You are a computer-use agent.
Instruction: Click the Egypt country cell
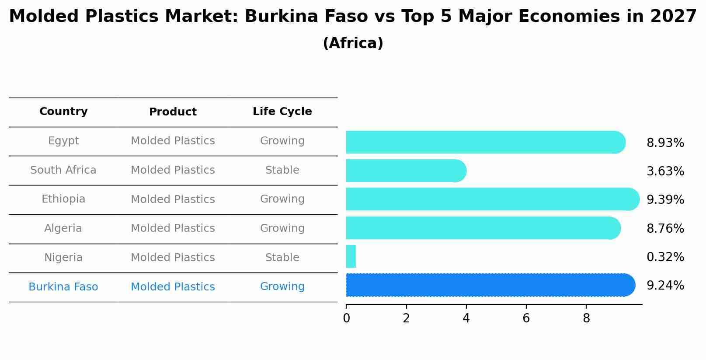tap(63, 141)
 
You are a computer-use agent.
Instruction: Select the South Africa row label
tap(63, 170)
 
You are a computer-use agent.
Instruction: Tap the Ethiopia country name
tap(63, 199)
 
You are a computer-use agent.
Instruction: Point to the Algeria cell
tap(63, 228)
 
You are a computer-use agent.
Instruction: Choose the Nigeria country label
tap(63, 258)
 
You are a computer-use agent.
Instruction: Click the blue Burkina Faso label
tap(63, 287)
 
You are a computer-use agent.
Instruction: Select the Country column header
tap(63, 112)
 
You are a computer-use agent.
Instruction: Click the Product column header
tap(173, 112)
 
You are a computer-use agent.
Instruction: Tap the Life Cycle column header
tap(282, 112)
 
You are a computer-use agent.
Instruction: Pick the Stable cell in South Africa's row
tap(282, 170)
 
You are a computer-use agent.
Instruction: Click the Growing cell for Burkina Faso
tap(282, 287)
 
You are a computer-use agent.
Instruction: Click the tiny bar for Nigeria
tap(351, 256)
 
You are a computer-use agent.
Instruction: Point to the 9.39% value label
tap(665, 200)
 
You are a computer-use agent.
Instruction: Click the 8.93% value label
tap(665, 143)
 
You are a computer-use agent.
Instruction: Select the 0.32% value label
tap(665, 257)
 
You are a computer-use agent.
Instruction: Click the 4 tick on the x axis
tap(466, 318)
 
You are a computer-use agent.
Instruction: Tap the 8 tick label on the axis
tap(586, 318)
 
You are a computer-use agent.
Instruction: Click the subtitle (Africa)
tap(353, 43)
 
